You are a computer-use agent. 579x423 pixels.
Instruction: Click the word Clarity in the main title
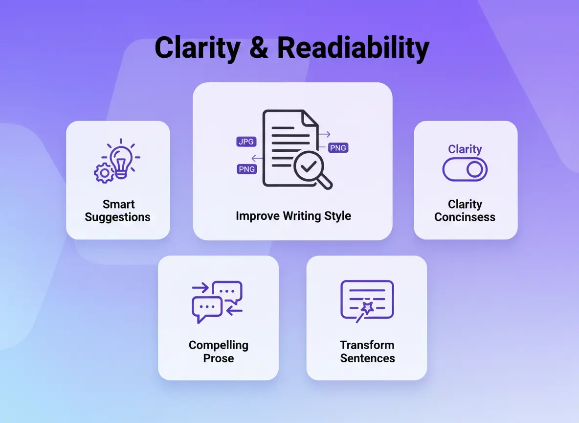click(x=198, y=48)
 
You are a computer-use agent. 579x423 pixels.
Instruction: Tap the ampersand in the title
click(x=259, y=47)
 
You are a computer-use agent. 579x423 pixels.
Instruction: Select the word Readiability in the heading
click(x=353, y=48)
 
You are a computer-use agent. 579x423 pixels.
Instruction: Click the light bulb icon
click(x=121, y=162)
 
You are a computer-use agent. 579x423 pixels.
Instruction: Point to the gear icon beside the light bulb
click(x=104, y=173)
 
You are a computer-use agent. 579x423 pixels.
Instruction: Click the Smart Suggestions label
click(x=118, y=211)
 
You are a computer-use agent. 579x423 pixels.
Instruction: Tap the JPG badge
click(x=246, y=141)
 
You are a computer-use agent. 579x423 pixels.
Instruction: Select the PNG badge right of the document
click(x=338, y=148)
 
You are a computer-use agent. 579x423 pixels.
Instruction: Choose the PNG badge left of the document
click(x=246, y=169)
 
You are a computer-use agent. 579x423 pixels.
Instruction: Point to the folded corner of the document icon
click(x=310, y=118)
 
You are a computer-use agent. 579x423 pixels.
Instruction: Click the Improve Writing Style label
click(x=293, y=215)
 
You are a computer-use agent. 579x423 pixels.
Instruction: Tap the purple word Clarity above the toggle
click(x=465, y=149)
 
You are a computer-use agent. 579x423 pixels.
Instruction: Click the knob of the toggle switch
click(x=474, y=170)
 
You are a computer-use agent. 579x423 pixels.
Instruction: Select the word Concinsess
click(x=465, y=217)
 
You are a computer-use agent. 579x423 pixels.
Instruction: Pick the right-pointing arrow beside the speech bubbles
click(x=200, y=287)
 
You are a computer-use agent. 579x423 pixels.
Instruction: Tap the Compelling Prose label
click(x=219, y=351)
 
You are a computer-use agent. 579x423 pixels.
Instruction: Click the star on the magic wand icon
click(x=367, y=307)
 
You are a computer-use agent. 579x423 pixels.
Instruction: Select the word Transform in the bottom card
click(x=367, y=345)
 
